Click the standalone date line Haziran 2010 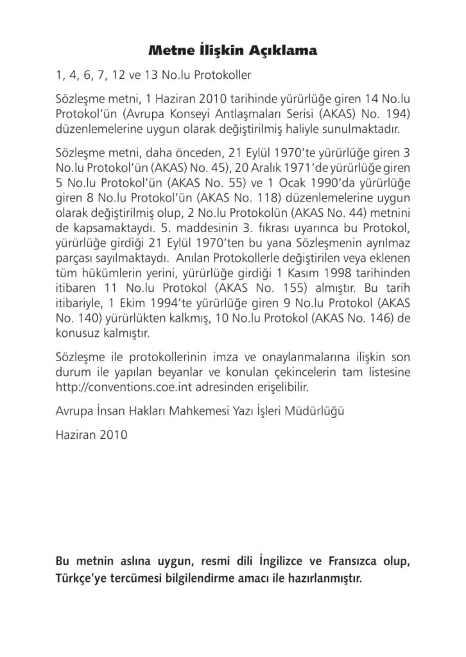pyautogui.click(x=92, y=434)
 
